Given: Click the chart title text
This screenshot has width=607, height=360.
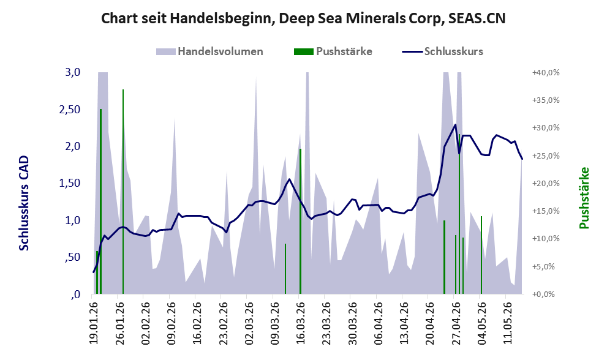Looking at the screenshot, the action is pos(303,18).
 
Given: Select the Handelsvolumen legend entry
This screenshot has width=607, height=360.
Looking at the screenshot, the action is pos(209,51).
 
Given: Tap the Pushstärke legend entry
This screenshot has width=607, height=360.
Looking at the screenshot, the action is pos(333,51).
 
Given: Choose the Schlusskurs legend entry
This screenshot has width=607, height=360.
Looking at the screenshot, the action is pos(442,51).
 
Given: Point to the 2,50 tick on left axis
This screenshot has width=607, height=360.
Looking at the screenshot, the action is pos(70,110).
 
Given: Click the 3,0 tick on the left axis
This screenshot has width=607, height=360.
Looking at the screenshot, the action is pos(72,72).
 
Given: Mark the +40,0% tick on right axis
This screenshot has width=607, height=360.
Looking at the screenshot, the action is pos(546,72).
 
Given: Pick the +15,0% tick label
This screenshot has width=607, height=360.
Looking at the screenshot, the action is pos(546,211).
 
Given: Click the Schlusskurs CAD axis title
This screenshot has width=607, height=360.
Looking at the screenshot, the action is pos(24,203).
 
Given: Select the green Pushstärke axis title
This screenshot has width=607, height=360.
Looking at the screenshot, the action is pos(584,198).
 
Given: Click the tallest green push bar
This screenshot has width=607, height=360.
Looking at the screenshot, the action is pos(123,192).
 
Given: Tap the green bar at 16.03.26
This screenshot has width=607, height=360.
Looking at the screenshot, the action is pos(300,222).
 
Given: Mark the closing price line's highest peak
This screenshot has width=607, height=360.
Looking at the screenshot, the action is pos(455,125).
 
